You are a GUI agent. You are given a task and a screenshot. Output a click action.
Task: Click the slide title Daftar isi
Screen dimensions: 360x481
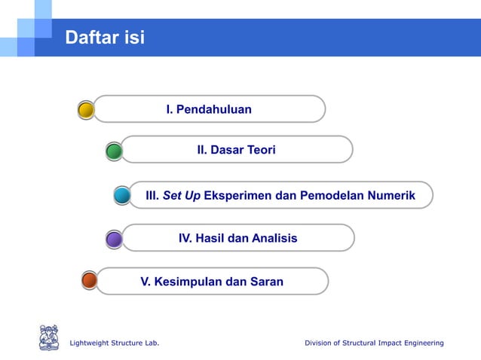pos(105,37)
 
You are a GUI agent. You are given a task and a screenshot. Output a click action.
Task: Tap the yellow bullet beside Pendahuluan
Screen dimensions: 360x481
pos(86,111)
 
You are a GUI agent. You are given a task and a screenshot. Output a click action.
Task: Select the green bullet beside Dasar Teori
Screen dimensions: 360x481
pos(114,151)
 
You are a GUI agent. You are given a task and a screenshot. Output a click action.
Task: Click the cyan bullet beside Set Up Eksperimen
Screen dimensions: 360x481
pos(122,196)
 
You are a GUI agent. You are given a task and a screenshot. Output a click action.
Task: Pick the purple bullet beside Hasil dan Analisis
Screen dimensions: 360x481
pos(114,239)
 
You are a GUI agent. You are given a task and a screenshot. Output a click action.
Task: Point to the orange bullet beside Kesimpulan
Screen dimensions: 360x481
pos(89,281)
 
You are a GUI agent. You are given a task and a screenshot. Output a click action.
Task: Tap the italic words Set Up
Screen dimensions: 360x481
pos(182,196)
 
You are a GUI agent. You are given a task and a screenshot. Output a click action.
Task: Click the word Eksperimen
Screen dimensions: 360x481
pos(237,196)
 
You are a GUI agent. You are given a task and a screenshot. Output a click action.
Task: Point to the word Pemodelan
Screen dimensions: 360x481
pos(331,196)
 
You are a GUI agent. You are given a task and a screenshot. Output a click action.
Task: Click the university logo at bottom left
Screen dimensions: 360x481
pos(49,337)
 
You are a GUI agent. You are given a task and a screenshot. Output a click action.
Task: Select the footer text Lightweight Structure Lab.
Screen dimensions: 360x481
pos(114,343)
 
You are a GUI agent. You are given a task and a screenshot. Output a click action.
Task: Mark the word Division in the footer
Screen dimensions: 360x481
pos(320,343)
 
